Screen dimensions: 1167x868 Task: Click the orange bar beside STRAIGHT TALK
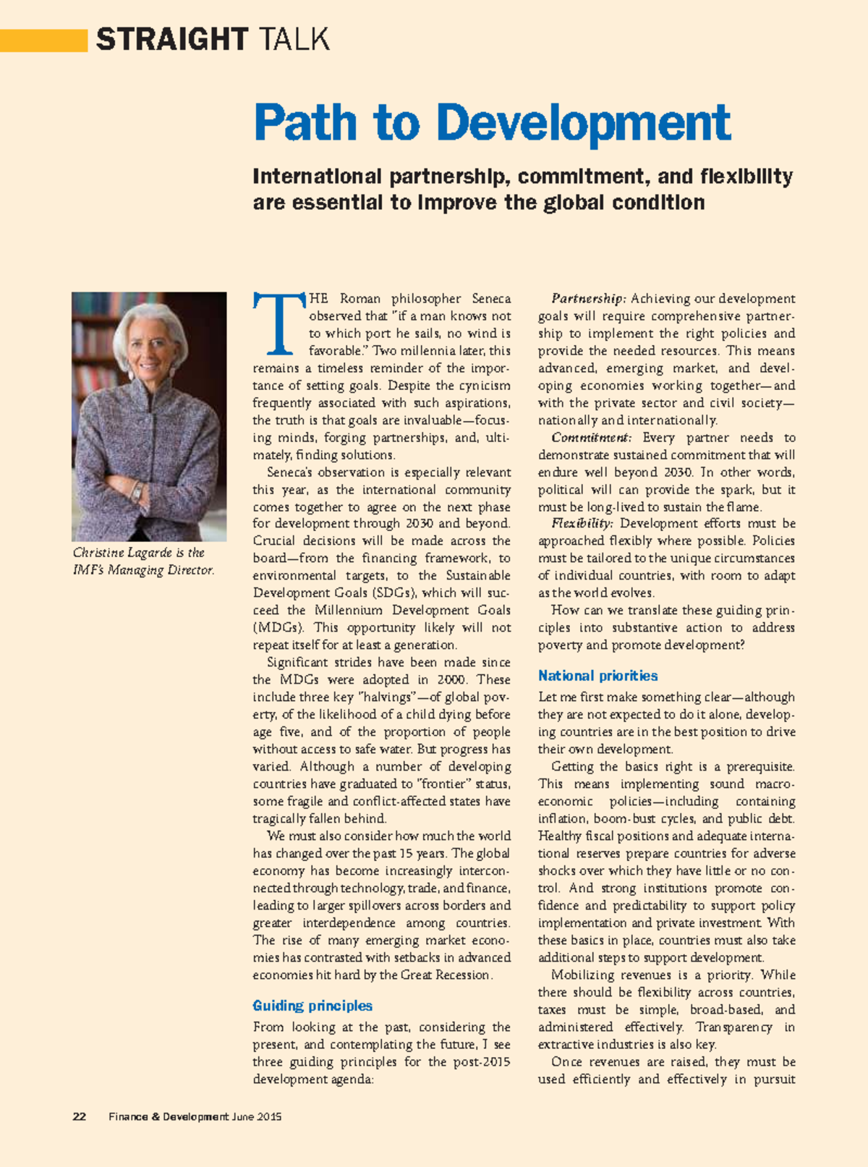43,40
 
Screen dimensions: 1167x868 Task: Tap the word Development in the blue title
583,123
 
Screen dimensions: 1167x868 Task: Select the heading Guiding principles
312,1006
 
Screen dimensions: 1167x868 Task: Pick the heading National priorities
597,676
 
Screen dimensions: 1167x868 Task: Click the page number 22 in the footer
80,1116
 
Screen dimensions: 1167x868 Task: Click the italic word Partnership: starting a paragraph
588,299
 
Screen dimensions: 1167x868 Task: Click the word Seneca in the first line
491,299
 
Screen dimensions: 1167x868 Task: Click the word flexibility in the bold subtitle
746,177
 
